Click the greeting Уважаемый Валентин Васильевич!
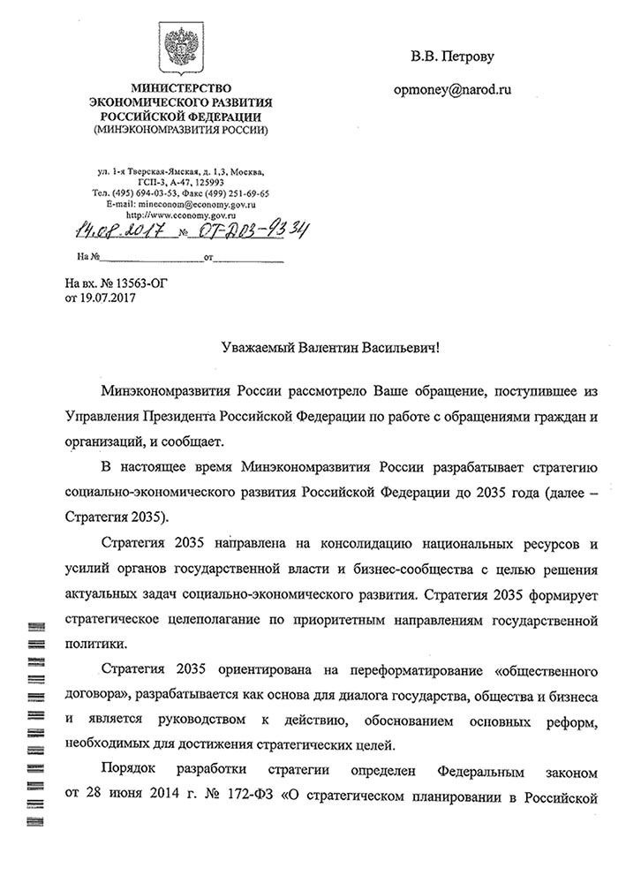328,351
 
